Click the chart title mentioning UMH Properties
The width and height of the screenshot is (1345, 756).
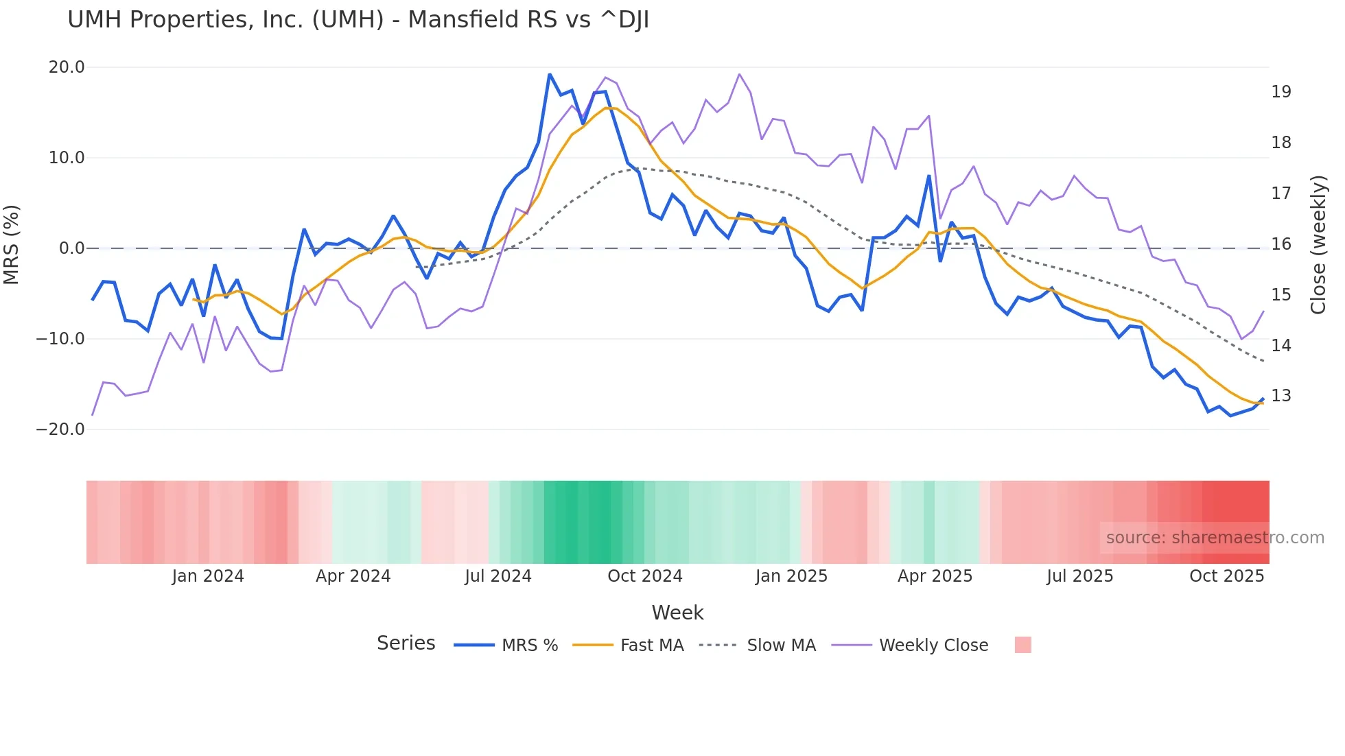tap(358, 20)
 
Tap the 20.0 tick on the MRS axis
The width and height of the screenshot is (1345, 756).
tap(67, 67)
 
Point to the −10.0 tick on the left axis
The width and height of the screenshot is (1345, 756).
tap(60, 339)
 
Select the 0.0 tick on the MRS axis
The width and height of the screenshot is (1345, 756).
tap(71, 248)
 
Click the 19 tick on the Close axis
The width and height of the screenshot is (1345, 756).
tap(1280, 92)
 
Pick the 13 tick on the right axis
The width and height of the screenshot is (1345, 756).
tap(1280, 396)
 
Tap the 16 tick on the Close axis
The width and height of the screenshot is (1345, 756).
tap(1280, 244)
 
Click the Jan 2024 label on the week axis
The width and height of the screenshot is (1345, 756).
tap(208, 576)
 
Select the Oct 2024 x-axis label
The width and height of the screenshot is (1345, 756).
tap(644, 576)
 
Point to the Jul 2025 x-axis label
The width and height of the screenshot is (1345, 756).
tap(1079, 576)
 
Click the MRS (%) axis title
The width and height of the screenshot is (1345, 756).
tap(12, 244)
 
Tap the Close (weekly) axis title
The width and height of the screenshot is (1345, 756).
tap(1318, 244)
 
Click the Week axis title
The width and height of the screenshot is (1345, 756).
tap(677, 613)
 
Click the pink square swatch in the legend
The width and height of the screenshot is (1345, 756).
tap(1022, 646)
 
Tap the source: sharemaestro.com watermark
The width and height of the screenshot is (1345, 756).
tap(1215, 538)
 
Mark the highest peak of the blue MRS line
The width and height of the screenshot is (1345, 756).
tap(550, 74)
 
